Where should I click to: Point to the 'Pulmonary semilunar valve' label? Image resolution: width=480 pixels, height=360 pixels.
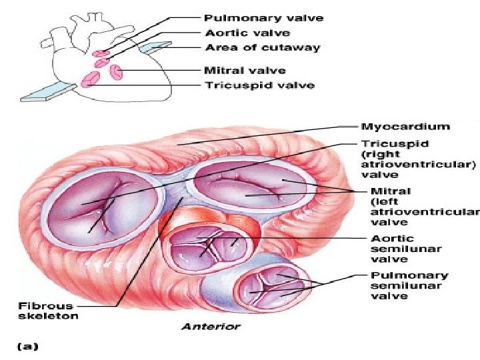[x=399, y=285]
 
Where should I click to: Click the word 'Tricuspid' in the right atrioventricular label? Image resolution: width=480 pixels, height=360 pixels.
[x=385, y=143]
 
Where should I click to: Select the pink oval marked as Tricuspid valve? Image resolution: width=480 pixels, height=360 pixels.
[x=89, y=81]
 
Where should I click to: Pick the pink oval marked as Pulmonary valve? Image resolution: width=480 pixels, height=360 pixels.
[x=101, y=51]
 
